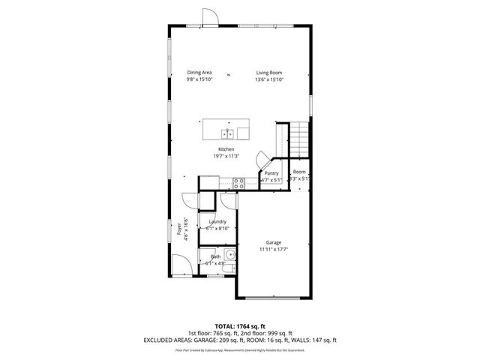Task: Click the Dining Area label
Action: tap(199, 73)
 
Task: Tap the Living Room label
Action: tap(268, 73)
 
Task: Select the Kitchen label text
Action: tap(226, 149)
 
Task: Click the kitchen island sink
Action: tap(226, 134)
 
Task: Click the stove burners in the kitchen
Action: tap(238, 181)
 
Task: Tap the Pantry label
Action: tap(271, 173)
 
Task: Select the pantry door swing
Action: tap(262, 160)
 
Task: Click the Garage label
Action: tap(273, 242)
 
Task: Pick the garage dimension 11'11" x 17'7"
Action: tap(273, 249)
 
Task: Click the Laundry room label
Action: tap(217, 222)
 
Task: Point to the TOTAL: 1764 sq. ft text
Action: tap(239, 325)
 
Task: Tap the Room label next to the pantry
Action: tap(299, 172)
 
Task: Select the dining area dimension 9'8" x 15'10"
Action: tap(199, 79)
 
